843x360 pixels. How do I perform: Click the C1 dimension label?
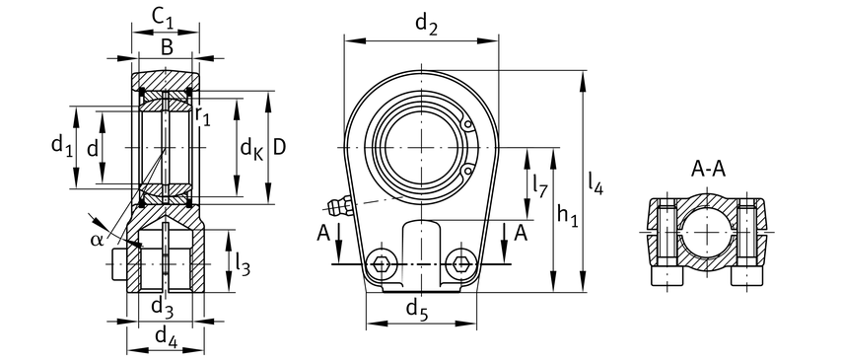pos(163,19)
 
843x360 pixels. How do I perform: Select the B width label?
pos(167,48)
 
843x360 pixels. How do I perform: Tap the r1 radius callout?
pos(202,116)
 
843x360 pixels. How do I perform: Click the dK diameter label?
pos(251,148)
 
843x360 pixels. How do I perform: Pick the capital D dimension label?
pos(278,147)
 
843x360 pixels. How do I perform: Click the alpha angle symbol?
pos(97,240)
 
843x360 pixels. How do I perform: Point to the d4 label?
pos(166,337)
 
